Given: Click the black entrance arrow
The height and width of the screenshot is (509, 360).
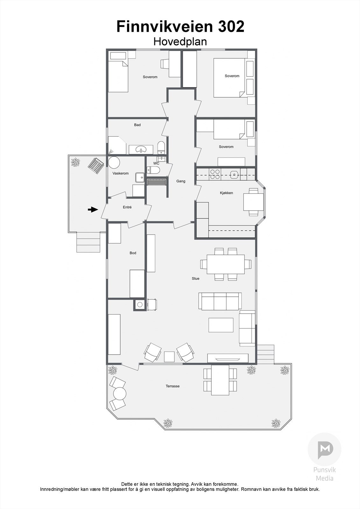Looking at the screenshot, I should click(93, 209).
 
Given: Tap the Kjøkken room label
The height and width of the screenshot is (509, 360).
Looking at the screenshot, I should click(226, 193).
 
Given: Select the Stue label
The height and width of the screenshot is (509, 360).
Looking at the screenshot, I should click(195, 278).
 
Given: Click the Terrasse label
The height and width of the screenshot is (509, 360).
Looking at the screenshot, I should click(173, 386).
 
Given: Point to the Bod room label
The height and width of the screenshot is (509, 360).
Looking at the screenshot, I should click(133, 253).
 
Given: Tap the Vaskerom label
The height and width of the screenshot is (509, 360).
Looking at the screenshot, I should click(121, 173).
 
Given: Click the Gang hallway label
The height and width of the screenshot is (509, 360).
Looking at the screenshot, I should click(181, 181).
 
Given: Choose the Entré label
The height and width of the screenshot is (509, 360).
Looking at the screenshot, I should click(127, 207).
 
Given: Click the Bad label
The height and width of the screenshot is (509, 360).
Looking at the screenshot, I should click(137, 125).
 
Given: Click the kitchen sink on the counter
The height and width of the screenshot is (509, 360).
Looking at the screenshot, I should click(235, 174).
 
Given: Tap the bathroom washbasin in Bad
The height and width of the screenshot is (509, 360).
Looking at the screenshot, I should click(140, 149).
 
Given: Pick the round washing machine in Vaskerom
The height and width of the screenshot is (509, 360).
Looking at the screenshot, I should click(114, 163).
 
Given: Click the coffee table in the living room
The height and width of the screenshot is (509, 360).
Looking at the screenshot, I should click(221, 325).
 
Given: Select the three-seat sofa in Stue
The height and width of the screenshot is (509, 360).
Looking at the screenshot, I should click(220, 301).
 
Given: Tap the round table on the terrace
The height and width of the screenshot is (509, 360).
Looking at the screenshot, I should click(119, 394).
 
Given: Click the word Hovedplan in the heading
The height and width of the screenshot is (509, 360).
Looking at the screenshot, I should click(180, 42).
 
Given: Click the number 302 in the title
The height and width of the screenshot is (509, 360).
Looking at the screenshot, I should click(231, 26).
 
